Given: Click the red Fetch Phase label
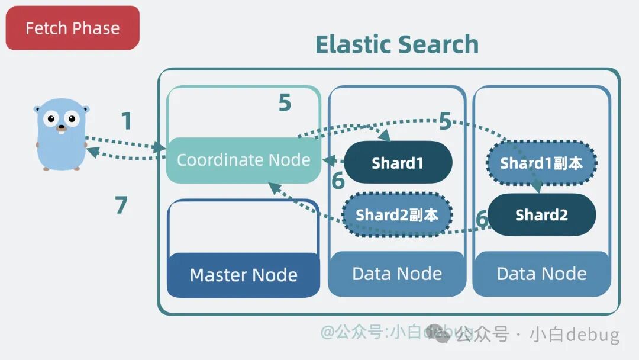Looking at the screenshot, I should (72, 28).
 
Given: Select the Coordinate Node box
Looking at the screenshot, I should (243, 160).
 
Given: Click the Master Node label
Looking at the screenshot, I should (243, 275).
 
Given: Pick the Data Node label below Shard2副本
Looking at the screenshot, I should (397, 274).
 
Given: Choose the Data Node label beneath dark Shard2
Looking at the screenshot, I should (541, 274).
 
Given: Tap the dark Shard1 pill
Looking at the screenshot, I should (398, 163).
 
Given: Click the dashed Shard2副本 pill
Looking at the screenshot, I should (397, 214).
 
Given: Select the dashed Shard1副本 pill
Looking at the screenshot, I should (541, 163).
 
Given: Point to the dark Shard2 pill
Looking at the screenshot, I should (541, 215).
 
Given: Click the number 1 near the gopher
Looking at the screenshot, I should (126, 121).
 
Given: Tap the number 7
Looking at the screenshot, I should (121, 205).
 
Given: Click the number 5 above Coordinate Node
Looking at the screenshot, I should (285, 103).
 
